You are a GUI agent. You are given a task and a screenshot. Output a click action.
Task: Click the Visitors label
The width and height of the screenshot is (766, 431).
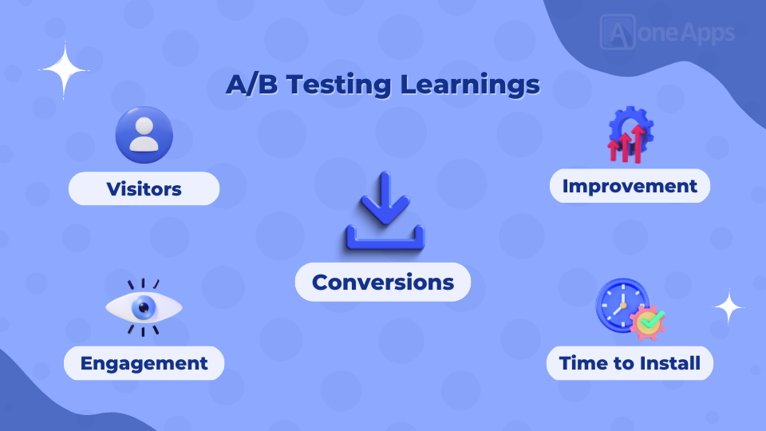pos(144,188)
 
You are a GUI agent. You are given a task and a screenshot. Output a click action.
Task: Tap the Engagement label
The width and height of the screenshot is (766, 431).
pos(144,363)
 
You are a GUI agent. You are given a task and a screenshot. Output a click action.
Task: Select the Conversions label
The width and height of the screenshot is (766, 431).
pos(383,282)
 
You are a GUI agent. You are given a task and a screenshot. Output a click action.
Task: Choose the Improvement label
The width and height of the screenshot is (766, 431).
pos(630,186)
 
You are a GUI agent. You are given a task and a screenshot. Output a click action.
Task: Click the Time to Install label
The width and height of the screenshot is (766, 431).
pos(630,363)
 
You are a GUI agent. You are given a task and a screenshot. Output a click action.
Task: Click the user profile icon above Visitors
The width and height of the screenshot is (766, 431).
pos(144,135)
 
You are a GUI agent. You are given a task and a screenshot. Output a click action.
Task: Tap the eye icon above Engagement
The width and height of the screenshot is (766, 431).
pos(144,307)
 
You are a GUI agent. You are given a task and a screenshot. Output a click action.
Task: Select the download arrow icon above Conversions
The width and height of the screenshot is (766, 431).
pos(385,211)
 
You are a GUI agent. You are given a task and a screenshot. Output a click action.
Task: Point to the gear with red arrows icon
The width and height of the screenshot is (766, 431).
pos(630,135)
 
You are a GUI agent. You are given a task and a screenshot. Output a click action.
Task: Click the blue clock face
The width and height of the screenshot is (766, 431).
pos(622,306)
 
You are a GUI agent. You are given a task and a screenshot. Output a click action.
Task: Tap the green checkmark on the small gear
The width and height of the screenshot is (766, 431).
pos(652,320)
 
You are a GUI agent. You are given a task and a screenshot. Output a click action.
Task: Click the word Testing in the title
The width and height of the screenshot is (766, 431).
pos(338,85)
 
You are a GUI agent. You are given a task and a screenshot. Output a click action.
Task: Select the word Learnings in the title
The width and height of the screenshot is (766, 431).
pos(470,85)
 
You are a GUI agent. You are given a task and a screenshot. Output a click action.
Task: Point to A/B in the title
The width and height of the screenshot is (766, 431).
pos(251,84)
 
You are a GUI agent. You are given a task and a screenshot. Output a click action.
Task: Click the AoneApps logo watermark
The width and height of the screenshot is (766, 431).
pos(667,32)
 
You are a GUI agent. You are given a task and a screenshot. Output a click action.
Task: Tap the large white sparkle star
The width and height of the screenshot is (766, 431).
pos(64,70)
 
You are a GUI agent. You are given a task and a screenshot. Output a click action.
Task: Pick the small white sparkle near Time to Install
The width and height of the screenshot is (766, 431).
pos(728,306)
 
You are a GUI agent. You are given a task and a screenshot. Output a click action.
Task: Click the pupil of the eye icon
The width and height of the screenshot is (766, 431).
pos(144,307)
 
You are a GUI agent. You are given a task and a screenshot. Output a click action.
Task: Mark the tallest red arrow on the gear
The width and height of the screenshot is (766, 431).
pos(638,144)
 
